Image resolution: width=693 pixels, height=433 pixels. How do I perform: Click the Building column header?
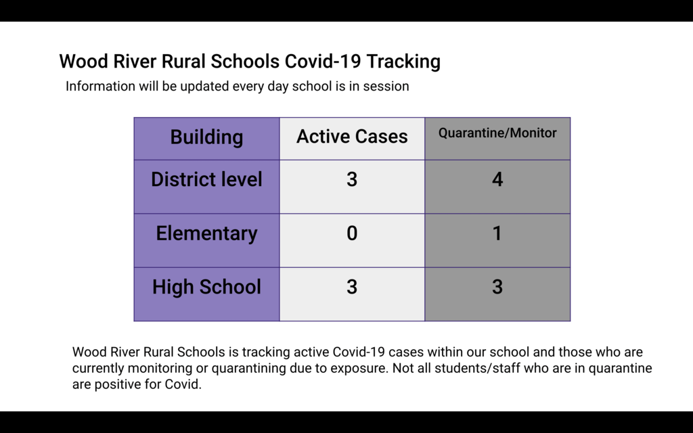206,137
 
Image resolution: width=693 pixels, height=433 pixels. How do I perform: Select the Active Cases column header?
352,137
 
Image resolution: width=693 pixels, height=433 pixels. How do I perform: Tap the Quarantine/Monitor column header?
497,133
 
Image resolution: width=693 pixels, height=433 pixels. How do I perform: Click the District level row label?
206,179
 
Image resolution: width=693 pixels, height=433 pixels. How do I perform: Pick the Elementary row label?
206,233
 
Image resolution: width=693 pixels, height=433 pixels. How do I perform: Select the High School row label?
206,287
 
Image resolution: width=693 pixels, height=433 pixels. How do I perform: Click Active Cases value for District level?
352,179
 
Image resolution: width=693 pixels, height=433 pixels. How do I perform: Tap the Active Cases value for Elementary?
352,233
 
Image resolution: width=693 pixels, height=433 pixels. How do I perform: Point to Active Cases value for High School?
352,287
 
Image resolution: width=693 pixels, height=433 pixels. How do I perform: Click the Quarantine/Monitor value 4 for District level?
497,179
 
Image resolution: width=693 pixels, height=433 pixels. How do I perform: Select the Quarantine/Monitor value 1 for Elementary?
497,233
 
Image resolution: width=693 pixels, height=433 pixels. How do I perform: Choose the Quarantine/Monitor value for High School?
497,287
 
